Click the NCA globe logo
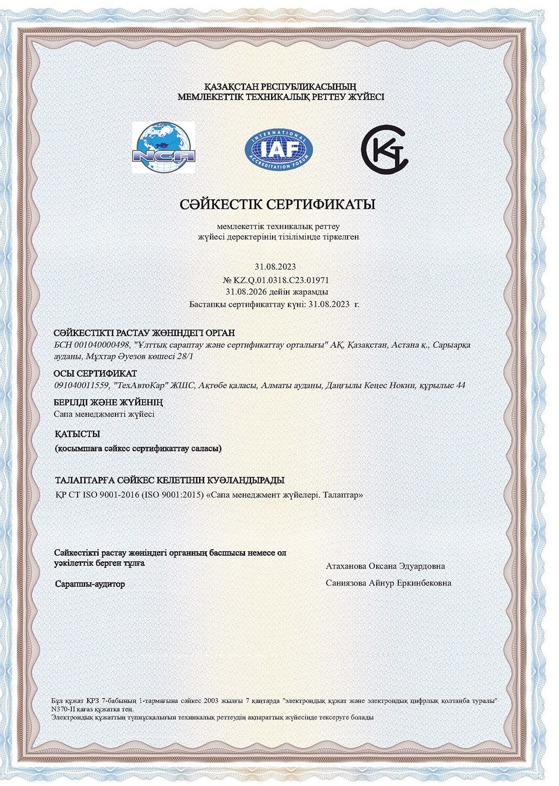pos(164,147)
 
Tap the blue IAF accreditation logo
pos(278,149)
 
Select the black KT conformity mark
pos(384,149)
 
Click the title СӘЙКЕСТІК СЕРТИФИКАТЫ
pos(277,204)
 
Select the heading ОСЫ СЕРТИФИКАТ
pos(95,374)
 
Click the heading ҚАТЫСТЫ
pos(77,434)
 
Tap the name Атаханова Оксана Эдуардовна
pos(385,566)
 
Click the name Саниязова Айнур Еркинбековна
pos(388,583)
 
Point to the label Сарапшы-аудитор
pos(90,584)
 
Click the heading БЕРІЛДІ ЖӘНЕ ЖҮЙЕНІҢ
pos(108,402)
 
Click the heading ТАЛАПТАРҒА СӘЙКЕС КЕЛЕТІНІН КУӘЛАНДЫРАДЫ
pos(170,481)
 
